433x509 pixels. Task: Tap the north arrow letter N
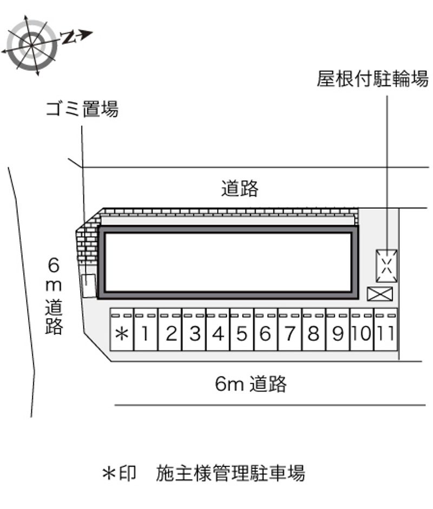click(68, 37)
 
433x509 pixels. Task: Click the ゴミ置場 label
click(82, 108)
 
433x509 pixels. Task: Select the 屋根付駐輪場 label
click(372, 79)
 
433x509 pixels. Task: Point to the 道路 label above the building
click(240, 188)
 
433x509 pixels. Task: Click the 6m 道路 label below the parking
click(251, 384)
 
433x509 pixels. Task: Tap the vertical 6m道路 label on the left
click(54, 295)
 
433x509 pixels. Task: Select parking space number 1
click(146, 329)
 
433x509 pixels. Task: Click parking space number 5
click(242, 329)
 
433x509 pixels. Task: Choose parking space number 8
click(314, 329)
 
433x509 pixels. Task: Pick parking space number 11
click(386, 329)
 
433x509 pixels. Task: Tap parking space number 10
click(362, 329)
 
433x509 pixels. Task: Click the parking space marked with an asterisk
click(122, 329)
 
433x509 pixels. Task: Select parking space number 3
click(194, 329)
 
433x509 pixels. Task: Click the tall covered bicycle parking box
click(377, 266)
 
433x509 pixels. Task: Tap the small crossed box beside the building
click(380, 294)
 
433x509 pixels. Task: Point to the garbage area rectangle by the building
click(82, 286)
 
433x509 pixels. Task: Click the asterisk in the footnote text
click(109, 474)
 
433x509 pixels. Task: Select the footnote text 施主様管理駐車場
click(231, 473)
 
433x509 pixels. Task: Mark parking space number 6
click(266, 329)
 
